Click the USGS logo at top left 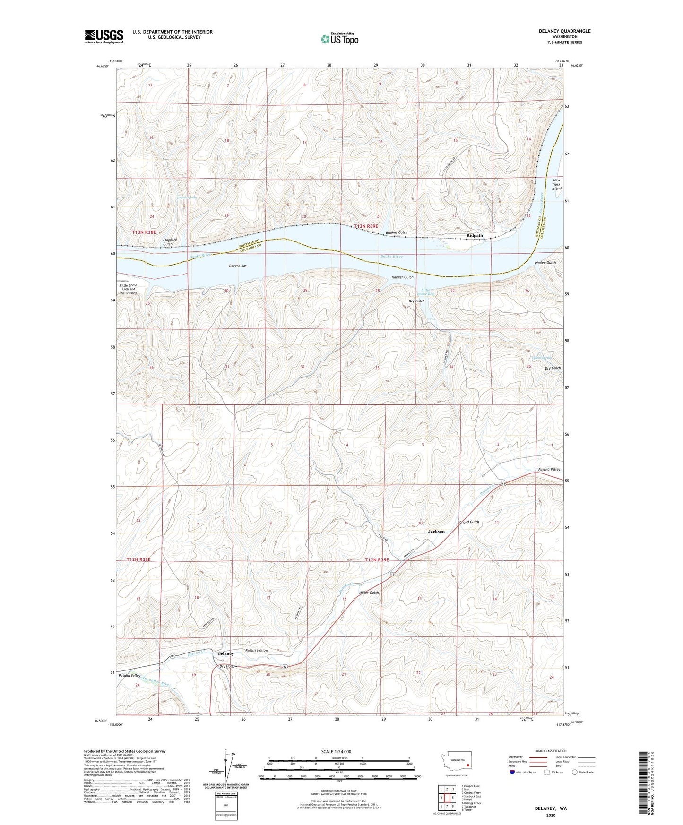point(104,36)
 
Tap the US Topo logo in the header point(339,39)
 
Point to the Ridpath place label point(475,235)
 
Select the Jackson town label point(436,531)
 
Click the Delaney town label point(225,654)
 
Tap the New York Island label point(556,184)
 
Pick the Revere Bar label point(237,266)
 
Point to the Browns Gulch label point(396,232)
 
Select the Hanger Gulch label point(402,277)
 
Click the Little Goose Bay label point(427,292)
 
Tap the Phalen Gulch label point(545,262)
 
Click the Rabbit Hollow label point(257,651)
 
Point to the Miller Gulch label point(369,593)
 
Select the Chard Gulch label point(469,522)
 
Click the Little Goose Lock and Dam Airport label point(128,289)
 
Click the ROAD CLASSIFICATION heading point(551,751)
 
